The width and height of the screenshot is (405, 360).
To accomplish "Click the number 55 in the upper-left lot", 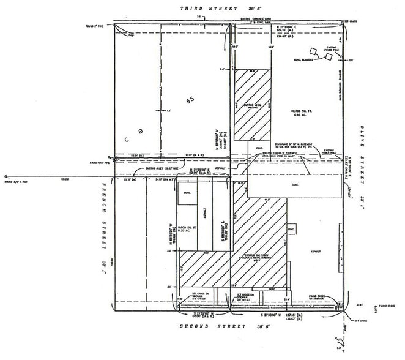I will [x=190, y=99].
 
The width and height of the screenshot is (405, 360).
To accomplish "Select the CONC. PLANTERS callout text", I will [x=303, y=60].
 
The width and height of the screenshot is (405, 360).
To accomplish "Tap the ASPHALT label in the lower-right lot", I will [x=316, y=250].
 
